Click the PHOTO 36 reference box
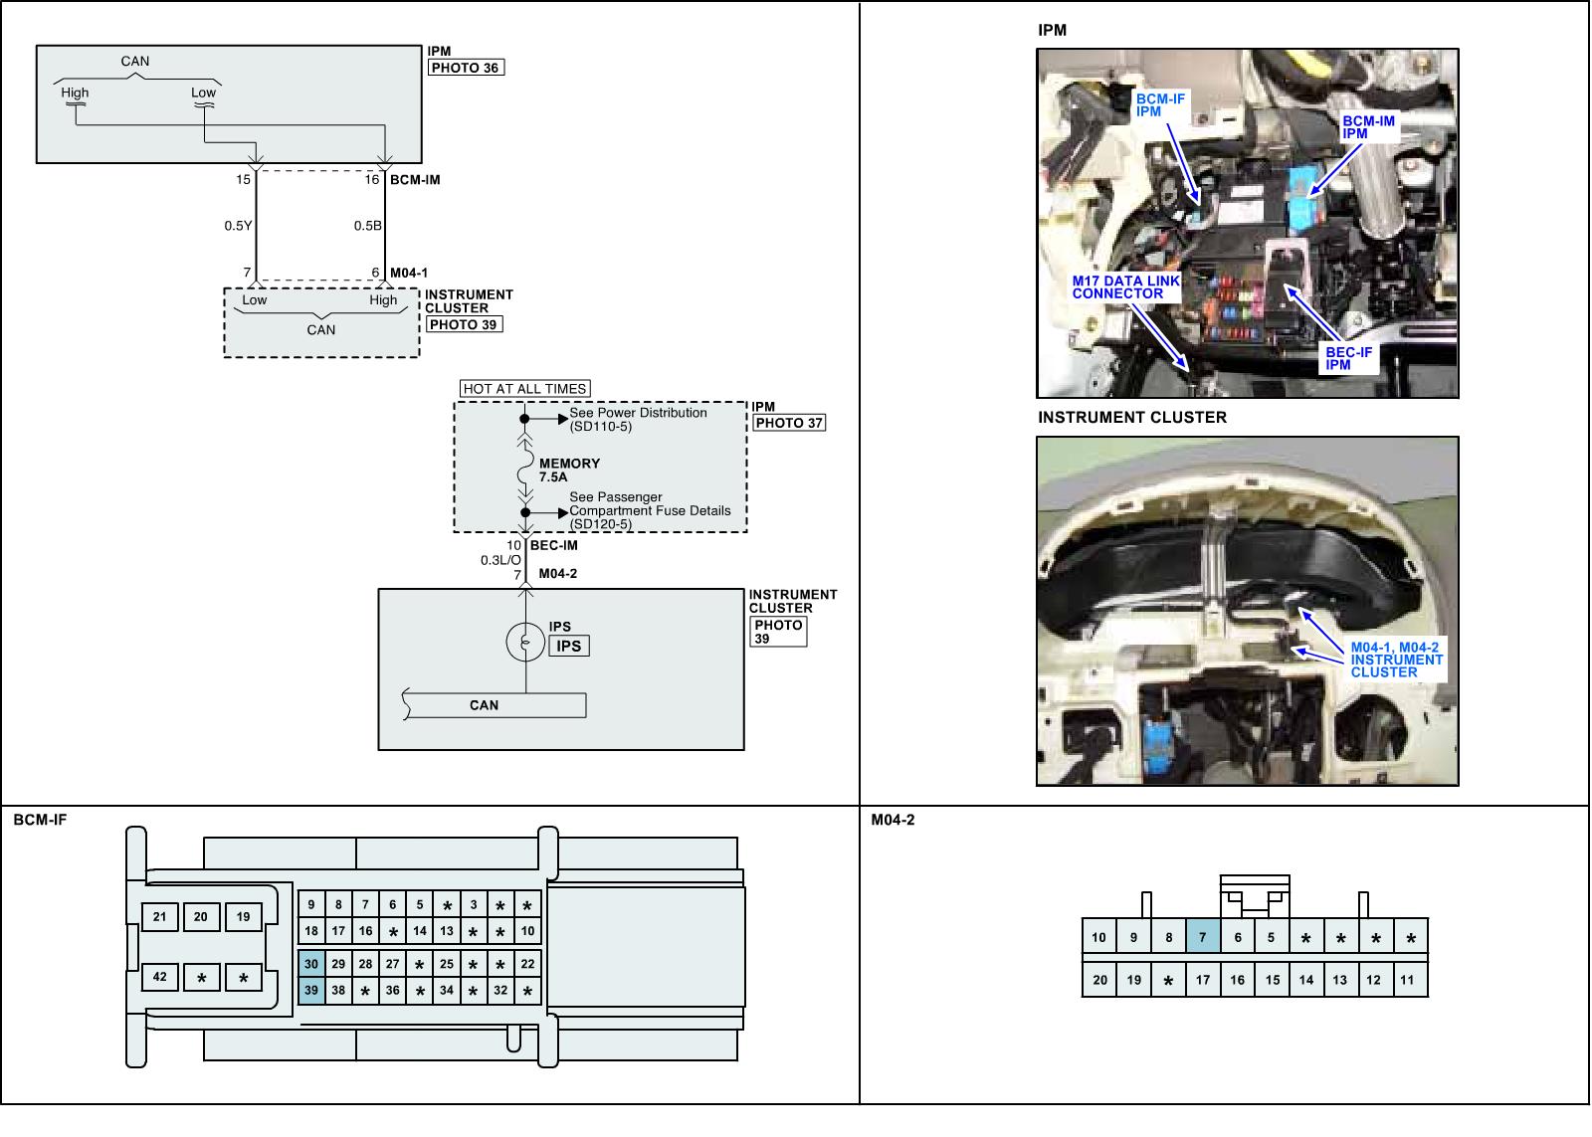click(x=466, y=68)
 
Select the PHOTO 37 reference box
click(x=789, y=423)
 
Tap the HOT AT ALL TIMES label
click(x=525, y=389)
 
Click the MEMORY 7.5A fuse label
click(x=569, y=471)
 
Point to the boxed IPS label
click(x=568, y=647)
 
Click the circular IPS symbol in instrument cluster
click(x=524, y=643)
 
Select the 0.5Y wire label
click(x=238, y=226)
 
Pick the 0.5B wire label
click(x=367, y=226)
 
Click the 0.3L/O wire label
click(x=500, y=560)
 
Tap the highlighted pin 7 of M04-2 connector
click(x=1202, y=937)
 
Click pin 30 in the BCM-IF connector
click(x=311, y=964)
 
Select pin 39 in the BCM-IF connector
click(x=311, y=991)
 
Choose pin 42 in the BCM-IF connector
click(x=159, y=978)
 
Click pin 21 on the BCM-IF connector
click(x=159, y=917)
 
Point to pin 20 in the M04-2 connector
click(x=1098, y=980)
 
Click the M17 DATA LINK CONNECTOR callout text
click(x=1125, y=287)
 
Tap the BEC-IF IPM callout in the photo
click(x=1348, y=359)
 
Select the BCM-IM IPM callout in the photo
click(x=1368, y=127)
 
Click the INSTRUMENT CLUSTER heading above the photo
click(x=1132, y=418)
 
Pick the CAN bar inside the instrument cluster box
click(x=485, y=705)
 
